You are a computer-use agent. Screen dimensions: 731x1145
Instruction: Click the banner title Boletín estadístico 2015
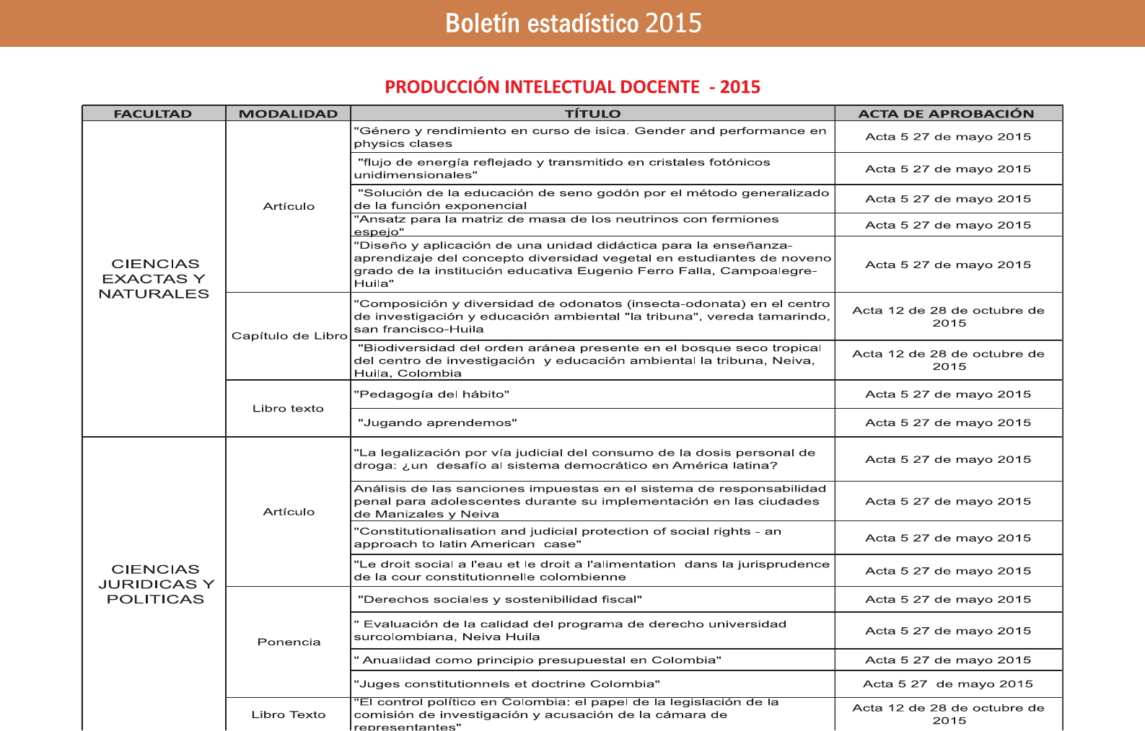coord(573,23)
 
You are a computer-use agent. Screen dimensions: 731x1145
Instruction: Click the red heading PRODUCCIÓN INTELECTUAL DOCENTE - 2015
coord(572,87)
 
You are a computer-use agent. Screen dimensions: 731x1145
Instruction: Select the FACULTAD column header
coord(153,114)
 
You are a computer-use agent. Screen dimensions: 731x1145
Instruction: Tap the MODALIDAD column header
coord(288,114)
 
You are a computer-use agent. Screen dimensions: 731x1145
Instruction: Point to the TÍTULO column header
coord(592,114)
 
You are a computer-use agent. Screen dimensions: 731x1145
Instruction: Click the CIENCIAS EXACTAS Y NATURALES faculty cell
coord(154,279)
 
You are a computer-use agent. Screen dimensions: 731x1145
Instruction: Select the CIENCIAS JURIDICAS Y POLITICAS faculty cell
coord(156,584)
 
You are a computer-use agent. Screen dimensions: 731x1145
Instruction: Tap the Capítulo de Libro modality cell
coord(289,336)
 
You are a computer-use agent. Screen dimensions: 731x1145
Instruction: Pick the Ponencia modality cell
coord(289,642)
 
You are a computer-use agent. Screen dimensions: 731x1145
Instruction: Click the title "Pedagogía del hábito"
coord(431,394)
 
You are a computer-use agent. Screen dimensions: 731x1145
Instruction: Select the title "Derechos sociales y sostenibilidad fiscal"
coord(499,600)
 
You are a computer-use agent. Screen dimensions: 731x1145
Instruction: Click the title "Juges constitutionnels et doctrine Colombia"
coord(506,684)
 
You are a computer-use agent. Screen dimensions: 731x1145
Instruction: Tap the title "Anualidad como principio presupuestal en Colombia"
coord(538,660)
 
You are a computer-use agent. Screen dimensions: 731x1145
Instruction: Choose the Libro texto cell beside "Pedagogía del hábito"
coord(288,409)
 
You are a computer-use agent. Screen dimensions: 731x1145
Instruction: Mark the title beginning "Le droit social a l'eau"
coord(592,570)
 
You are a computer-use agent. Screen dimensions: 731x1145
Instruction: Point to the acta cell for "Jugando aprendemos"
coord(948,423)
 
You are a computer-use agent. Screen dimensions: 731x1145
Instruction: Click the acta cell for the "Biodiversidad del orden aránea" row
coord(948,360)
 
